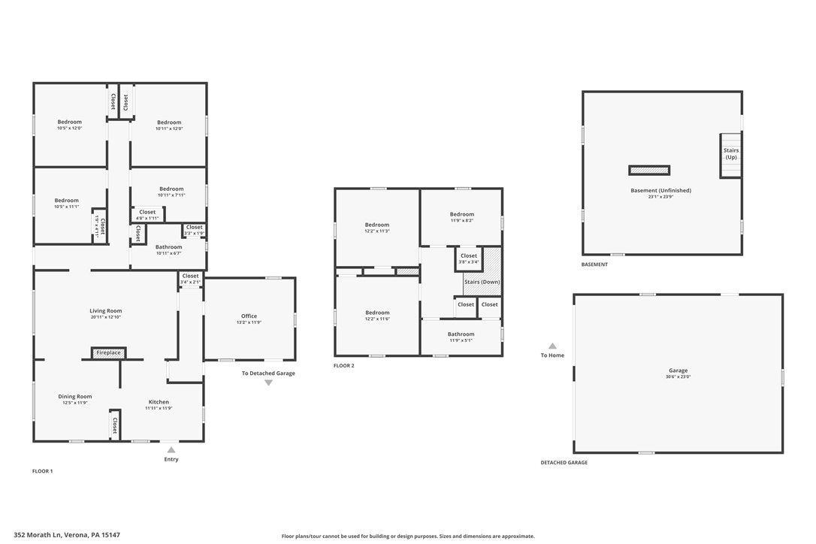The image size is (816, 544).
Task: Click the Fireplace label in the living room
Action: (x=108, y=352)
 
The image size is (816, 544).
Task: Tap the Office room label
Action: (x=249, y=316)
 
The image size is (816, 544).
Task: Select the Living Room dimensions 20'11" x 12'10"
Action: (x=105, y=317)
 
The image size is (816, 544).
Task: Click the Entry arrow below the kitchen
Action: (x=171, y=450)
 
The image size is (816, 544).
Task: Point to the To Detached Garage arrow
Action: (x=268, y=382)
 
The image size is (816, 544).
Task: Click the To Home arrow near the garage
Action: (x=552, y=346)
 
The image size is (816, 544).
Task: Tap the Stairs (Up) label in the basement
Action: (x=730, y=153)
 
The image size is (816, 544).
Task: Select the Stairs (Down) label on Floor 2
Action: (x=482, y=282)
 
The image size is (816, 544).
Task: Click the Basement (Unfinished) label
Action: (x=660, y=190)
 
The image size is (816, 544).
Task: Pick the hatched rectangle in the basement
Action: (x=649, y=171)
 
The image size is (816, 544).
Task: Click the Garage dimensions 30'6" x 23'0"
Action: (x=678, y=376)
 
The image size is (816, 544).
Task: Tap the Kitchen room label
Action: (x=159, y=402)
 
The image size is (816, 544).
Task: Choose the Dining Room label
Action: (x=75, y=397)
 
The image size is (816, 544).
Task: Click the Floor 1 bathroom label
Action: (x=168, y=247)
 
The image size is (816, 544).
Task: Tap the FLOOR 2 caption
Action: (x=343, y=366)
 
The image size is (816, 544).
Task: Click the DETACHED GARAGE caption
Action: (x=564, y=463)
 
